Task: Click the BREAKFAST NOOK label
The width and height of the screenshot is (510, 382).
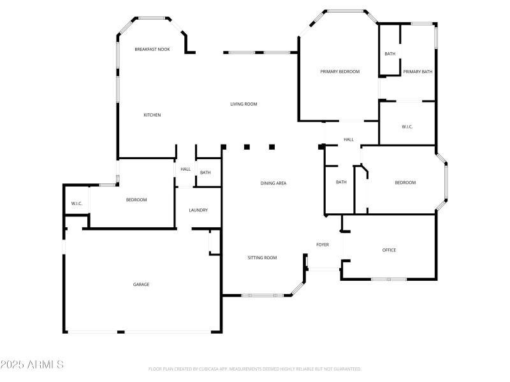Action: point(152,49)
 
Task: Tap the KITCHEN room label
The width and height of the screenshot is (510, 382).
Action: point(152,115)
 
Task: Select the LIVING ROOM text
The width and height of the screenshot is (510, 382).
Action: point(244,104)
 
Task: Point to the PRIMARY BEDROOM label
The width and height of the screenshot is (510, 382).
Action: point(340,72)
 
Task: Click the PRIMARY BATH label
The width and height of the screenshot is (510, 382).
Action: point(418,72)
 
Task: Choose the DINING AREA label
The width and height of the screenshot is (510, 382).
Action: point(273,183)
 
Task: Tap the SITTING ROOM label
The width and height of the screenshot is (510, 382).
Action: point(262,258)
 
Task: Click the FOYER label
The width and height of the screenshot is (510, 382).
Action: point(323,244)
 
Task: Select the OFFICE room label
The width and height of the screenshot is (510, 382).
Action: point(389,250)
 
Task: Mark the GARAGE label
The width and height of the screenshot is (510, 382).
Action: point(141,285)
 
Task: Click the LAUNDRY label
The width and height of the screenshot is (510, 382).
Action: point(198,210)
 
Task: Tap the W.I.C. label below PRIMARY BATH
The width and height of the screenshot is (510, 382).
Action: point(407,127)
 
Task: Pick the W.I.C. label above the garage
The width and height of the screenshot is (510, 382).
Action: point(76,204)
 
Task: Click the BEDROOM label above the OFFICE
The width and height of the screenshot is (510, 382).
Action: point(405,183)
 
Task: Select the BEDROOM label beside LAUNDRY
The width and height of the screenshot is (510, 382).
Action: point(136,200)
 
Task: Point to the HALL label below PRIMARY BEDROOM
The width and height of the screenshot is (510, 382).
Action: point(349,139)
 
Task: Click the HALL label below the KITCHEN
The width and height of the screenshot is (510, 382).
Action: point(186,169)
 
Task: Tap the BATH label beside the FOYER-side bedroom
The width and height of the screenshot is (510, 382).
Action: point(341,183)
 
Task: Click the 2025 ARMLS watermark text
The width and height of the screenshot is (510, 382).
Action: point(32,365)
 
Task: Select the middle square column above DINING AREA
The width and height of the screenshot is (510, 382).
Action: point(247,147)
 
